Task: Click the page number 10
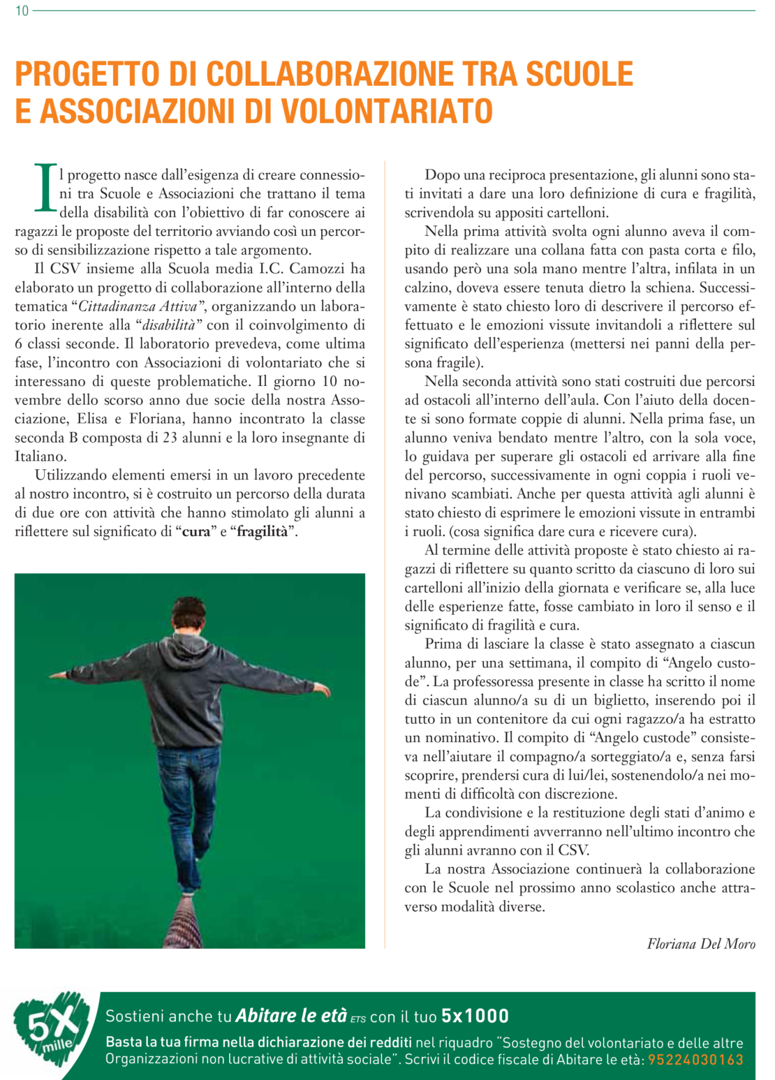coord(22,11)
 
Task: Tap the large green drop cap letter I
coord(45,187)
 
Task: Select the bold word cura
coord(196,532)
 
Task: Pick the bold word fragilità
coord(262,532)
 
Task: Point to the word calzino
coord(427,288)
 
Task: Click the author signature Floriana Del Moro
coord(700,944)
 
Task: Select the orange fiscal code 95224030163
coord(695,1060)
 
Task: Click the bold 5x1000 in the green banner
coord(475,1016)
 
